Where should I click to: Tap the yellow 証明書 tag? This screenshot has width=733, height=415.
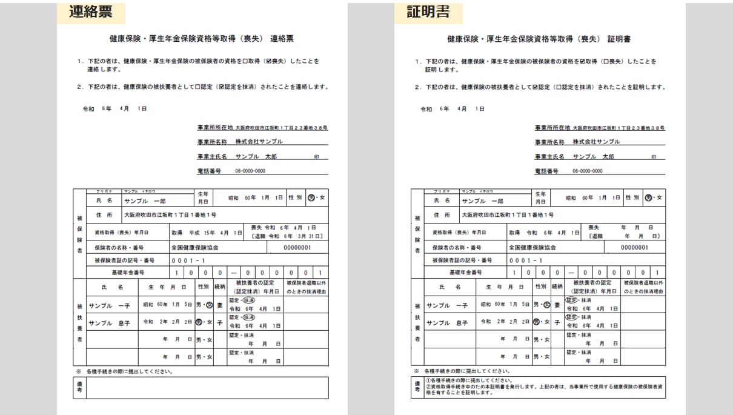428,12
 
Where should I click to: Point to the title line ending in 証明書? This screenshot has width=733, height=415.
539,39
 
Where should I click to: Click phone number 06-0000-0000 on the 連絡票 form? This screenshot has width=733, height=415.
250,171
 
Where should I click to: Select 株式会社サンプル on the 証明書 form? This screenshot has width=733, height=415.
596,142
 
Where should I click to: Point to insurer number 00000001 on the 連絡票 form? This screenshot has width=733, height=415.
297,248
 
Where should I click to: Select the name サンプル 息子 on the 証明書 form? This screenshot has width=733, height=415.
447,323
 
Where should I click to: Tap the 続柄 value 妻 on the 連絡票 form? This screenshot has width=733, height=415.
220,306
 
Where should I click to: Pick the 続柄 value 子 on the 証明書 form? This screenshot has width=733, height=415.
557,323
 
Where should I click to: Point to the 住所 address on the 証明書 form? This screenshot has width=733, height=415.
507,215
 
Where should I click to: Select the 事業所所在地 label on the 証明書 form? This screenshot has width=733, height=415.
552,128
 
